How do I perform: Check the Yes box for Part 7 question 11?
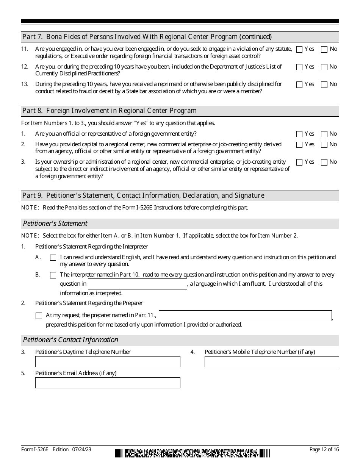(299, 49)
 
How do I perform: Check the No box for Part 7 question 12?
(324, 67)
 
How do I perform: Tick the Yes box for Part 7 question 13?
(299, 84)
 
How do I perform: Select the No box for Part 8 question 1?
(324, 134)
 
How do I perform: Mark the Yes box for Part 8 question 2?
(299, 145)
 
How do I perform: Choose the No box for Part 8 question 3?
(324, 162)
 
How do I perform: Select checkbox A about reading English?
(53, 258)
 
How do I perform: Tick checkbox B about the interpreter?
(53, 275)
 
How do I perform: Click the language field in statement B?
(137, 284)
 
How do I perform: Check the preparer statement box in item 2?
(39, 316)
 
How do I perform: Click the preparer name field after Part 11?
(245, 316)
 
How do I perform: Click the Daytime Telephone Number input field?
(108, 362)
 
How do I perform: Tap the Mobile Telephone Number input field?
(272, 362)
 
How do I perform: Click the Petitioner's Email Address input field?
(108, 383)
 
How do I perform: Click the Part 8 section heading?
(110, 111)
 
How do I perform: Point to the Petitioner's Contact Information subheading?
(70, 340)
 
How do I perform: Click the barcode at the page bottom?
(193, 453)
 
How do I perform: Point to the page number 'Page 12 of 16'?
(324, 450)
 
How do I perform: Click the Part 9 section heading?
(143, 195)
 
